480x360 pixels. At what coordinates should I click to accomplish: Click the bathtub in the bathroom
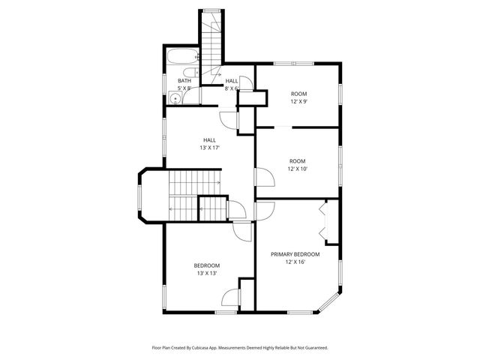coord(182,57)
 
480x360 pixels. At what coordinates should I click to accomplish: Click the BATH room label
coord(184,81)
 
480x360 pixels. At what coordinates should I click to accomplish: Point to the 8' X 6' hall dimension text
coord(231,88)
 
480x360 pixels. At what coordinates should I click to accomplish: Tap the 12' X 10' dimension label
coord(298,169)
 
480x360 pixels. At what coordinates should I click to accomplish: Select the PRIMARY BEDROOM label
coord(295,254)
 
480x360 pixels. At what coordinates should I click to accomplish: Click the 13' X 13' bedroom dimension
coord(206,273)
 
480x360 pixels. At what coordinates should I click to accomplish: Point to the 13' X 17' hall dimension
coord(208,148)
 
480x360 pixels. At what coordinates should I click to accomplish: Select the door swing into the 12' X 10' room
coord(264,178)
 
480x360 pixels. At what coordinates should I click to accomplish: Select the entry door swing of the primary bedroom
coord(263,211)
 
